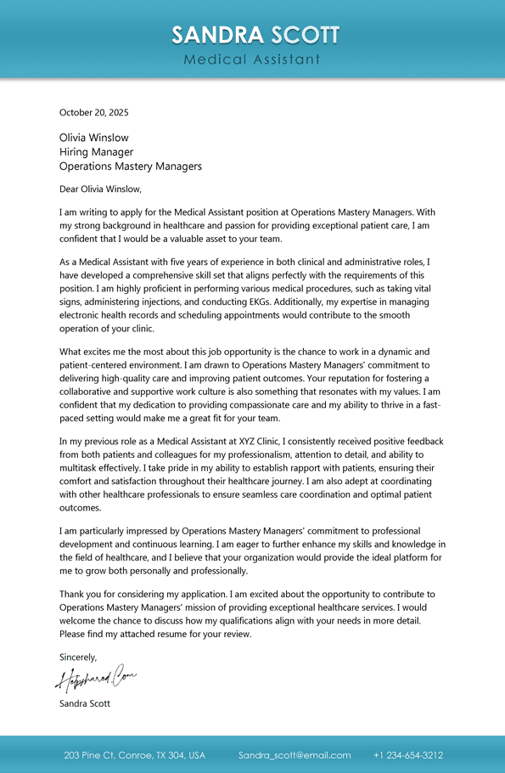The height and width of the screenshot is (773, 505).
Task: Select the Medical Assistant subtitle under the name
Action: click(252, 59)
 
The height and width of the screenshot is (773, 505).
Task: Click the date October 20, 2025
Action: click(93, 112)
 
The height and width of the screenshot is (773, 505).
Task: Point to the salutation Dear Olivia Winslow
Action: click(100, 189)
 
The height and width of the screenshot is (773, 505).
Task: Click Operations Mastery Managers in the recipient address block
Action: click(130, 166)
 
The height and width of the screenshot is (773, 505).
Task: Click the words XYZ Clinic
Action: click(256, 442)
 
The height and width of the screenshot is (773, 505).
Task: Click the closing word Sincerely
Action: click(78, 657)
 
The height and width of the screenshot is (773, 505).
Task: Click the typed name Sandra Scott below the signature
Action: click(84, 703)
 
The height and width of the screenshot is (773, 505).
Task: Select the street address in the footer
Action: click(134, 755)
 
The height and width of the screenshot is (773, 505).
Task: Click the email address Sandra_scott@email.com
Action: click(295, 755)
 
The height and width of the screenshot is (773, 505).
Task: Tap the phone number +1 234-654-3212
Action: click(408, 755)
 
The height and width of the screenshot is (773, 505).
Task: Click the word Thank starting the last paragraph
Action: click(72, 594)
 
